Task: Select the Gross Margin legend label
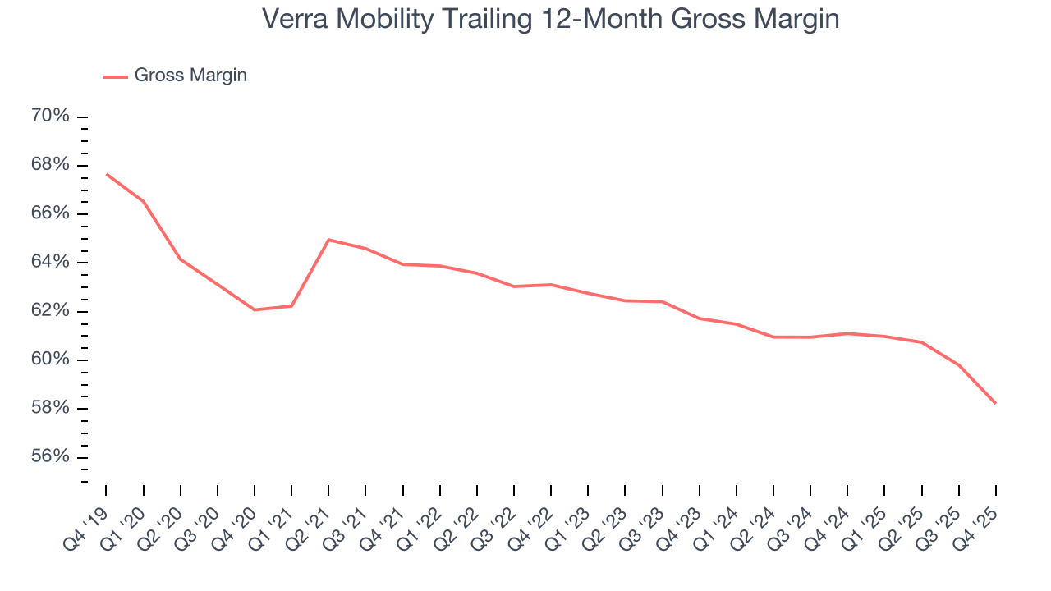click(190, 76)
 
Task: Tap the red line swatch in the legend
click(115, 76)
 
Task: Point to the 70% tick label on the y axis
click(50, 117)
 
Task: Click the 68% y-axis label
click(50, 165)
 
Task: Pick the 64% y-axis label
click(50, 263)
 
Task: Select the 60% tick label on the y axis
click(50, 360)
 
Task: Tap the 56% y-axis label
click(50, 457)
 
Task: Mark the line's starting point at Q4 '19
click(107, 174)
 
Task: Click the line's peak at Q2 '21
click(328, 240)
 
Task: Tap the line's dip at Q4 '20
click(255, 309)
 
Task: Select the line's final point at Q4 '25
click(995, 403)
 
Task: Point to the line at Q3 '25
click(958, 365)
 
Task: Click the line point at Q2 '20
click(181, 259)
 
